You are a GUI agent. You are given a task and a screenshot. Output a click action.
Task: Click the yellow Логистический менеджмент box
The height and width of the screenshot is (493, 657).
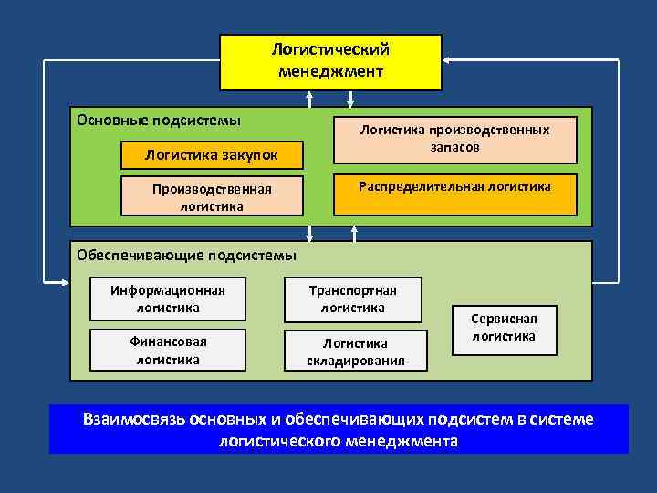[330, 62]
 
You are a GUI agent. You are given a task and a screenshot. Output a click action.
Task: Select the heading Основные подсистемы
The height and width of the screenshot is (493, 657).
[159, 120]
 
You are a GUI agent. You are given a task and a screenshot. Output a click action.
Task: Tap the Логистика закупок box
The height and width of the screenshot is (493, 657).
[212, 155]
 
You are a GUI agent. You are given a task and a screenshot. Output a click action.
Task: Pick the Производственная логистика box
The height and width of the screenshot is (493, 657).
[212, 197]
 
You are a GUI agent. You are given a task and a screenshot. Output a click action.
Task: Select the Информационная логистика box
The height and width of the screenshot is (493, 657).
[168, 299]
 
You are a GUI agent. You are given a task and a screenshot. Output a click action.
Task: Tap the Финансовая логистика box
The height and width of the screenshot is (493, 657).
[168, 351]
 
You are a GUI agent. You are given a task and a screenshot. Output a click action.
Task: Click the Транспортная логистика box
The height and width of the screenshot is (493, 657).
[352, 299]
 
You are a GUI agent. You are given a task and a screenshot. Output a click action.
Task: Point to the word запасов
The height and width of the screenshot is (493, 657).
[454, 147]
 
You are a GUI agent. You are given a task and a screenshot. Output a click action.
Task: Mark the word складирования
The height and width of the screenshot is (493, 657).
[356, 360]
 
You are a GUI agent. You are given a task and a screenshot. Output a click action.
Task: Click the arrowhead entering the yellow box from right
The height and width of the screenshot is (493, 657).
[449, 61]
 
